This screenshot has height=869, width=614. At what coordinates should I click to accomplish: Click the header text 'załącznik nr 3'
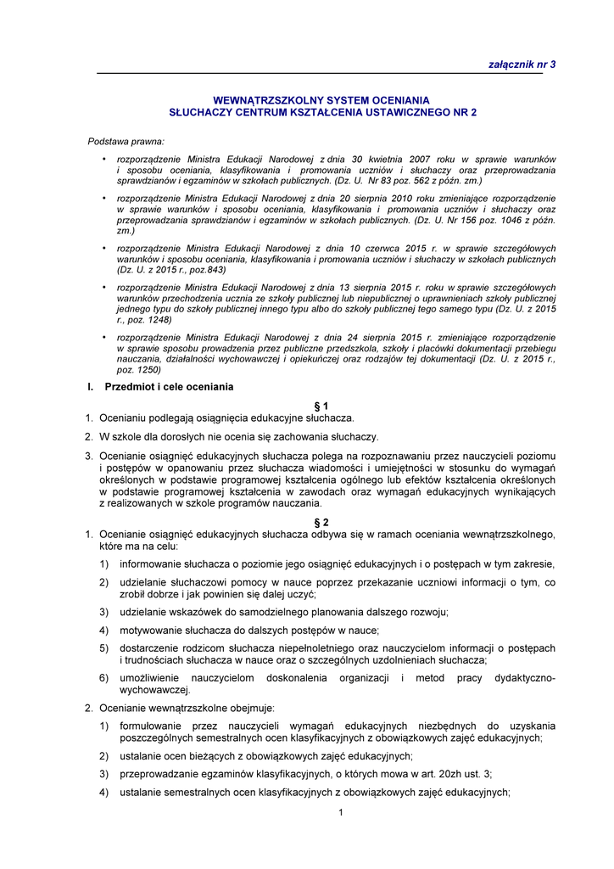tap(522, 64)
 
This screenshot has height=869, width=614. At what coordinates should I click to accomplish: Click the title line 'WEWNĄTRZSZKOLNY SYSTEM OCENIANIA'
tap(321, 100)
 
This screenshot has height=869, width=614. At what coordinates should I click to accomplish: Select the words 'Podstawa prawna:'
tap(126, 141)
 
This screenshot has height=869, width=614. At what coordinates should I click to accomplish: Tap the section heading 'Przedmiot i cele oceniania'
tap(169, 387)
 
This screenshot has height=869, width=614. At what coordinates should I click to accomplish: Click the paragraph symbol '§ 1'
tap(321, 406)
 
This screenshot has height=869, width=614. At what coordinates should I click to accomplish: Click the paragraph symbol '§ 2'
tap(321, 522)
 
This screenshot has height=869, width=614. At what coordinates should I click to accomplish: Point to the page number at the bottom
tap(340, 813)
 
